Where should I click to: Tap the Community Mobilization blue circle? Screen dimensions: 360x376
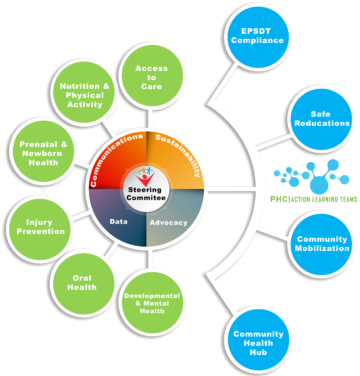click(x=320, y=246)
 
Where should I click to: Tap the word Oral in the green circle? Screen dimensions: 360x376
click(x=83, y=275)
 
